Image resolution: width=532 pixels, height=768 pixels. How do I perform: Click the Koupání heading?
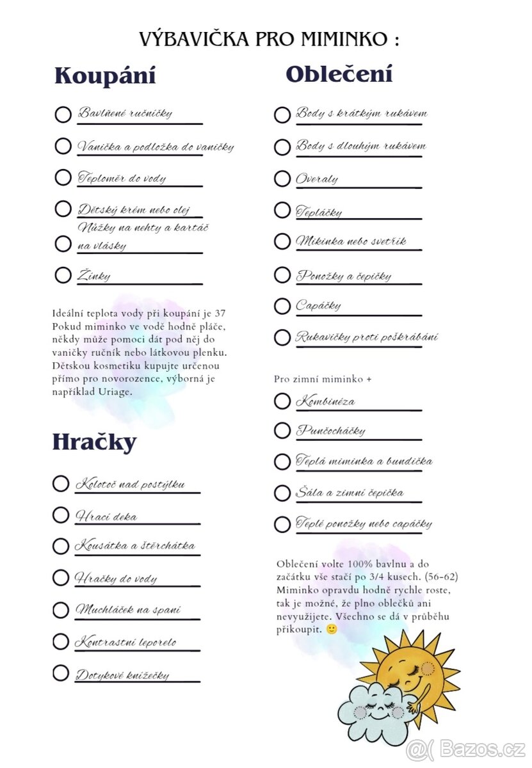(x=105, y=76)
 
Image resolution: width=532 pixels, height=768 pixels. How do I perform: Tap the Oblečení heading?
(x=339, y=74)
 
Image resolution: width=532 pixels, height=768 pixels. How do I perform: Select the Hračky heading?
(x=94, y=442)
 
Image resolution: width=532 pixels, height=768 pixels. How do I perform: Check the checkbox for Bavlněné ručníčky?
(x=63, y=115)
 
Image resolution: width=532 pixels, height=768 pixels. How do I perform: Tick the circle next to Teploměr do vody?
(x=63, y=177)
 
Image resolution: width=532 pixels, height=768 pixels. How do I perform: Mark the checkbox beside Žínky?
(x=63, y=275)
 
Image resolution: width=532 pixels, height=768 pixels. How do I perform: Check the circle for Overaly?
(x=282, y=179)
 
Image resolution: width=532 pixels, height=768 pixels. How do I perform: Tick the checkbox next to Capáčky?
(x=282, y=306)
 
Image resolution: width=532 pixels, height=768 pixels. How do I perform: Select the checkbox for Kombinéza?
(x=282, y=401)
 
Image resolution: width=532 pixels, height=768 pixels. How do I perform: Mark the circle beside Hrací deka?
(x=61, y=515)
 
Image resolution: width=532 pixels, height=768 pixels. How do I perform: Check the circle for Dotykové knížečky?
(x=61, y=673)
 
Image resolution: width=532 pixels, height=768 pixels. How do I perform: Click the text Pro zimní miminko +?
(x=323, y=379)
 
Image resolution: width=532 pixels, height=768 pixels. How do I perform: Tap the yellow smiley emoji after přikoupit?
(x=331, y=629)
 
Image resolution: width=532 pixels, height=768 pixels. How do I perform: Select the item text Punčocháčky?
(x=330, y=430)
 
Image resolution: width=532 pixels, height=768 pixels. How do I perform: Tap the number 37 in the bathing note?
(x=220, y=314)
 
